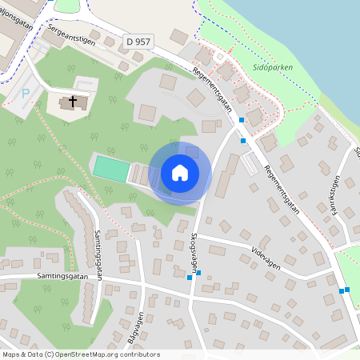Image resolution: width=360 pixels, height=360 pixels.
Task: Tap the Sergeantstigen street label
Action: (72, 34)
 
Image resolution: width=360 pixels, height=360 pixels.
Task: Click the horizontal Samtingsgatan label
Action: (61, 275)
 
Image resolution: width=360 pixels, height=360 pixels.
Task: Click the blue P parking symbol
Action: (26, 94)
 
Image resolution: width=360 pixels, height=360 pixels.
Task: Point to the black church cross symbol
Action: (73, 102)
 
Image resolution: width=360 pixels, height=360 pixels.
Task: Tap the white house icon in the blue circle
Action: (180, 173)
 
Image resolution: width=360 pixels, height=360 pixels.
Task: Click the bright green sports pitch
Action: (110, 169)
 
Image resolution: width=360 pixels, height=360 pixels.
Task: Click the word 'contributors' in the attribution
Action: (138, 354)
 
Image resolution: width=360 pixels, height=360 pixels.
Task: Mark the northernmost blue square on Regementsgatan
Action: (241, 120)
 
